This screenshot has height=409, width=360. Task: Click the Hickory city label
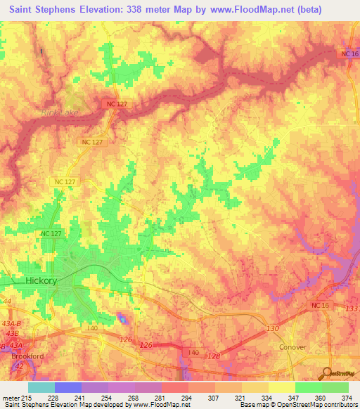pyautogui.click(x=41, y=280)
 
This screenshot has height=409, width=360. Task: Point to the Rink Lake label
pyautogui.click(x=59, y=112)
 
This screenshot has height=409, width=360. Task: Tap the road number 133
pyautogui.click(x=352, y=309)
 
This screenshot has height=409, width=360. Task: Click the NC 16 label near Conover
pyautogui.click(x=319, y=305)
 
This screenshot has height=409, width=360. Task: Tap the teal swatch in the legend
pyautogui.click(x=41, y=387)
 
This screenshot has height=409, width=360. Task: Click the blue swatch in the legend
pyautogui.click(x=68, y=387)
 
